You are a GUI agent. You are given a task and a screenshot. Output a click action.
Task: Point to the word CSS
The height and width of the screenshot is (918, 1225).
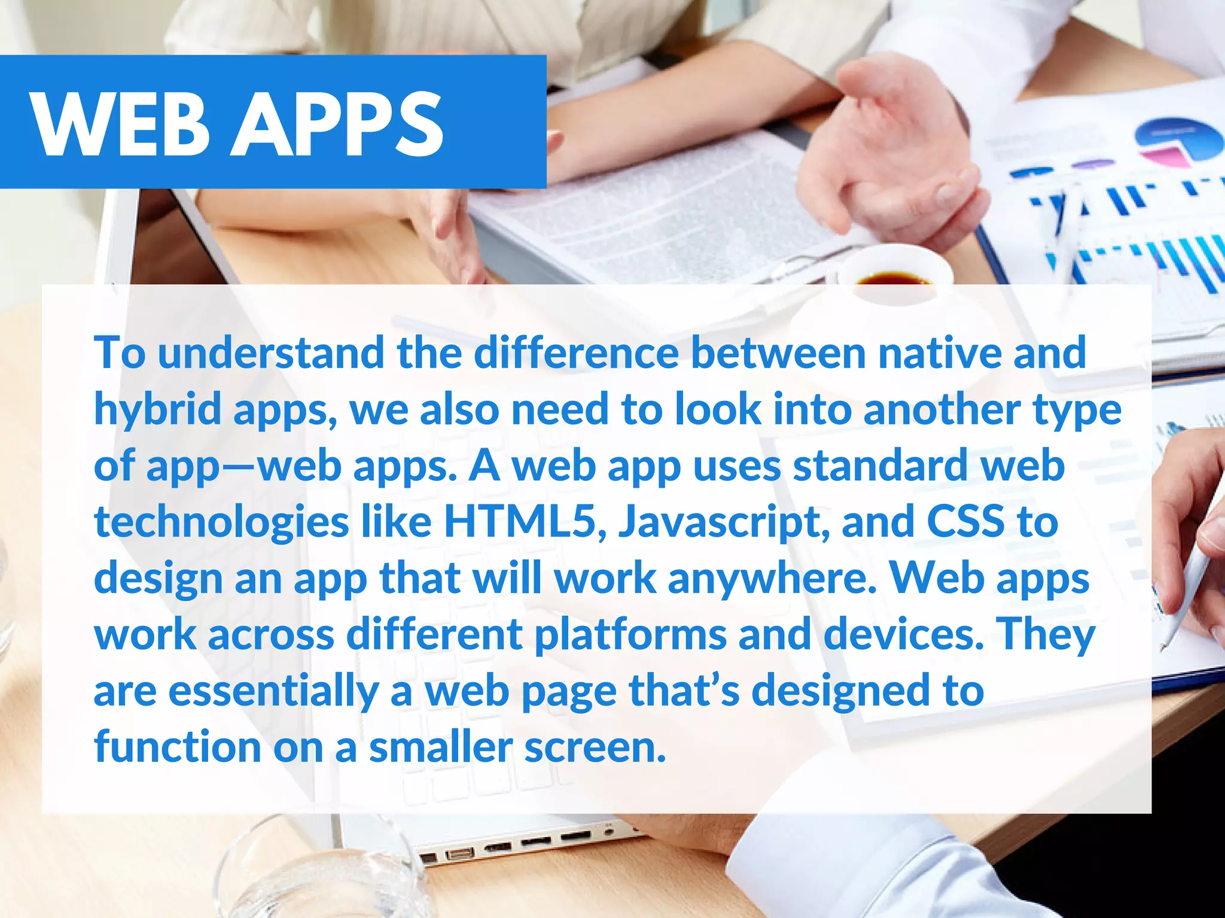tap(965, 521)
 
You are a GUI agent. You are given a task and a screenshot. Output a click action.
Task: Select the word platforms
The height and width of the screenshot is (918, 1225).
tap(630, 634)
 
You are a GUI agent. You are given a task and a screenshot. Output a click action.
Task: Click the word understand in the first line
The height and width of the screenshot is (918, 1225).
tap(271, 353)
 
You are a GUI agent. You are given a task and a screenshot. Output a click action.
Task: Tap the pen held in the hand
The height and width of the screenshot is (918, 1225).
tap(1190, 574)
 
